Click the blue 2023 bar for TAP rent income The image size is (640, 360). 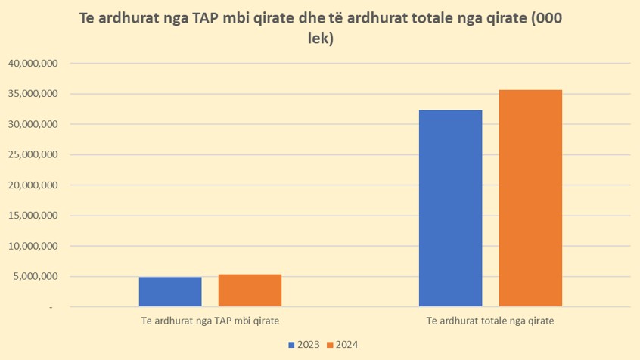pyautogui.click(x=170, y=291)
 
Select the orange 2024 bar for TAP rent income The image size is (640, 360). pyautogui.click(x=250, y=290)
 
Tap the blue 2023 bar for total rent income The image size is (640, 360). pyautogui.click(x=450, y=208)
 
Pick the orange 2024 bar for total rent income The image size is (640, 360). pyautogui.click(x=530, y=198)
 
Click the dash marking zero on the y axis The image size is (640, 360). pyautogui.click(x=53, y=308)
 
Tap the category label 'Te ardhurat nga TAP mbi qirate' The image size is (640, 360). pyautogui.click(x=210, y=321)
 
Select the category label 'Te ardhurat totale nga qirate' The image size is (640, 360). pyautogui.click(x=490, y=321)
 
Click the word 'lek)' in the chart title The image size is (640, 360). pyautogui.click(x=320, y=39)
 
